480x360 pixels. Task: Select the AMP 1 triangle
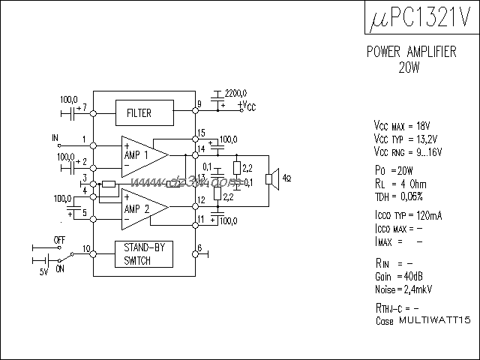142,154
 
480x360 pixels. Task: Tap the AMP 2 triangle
142,208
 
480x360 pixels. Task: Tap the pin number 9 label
199,104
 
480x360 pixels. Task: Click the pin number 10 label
86,248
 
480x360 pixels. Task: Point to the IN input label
55,138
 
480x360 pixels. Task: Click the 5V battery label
43,271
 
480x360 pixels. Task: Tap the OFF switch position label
59,239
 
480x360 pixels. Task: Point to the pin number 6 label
199,248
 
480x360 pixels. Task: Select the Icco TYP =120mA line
407,215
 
